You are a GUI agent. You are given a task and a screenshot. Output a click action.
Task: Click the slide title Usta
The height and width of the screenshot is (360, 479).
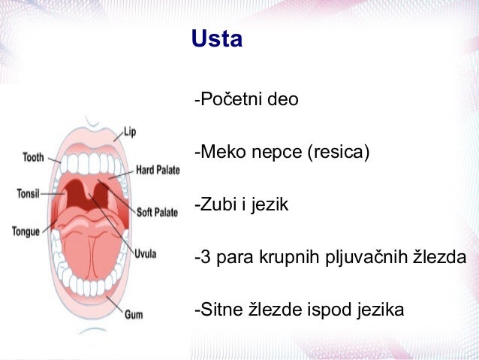point(217,38)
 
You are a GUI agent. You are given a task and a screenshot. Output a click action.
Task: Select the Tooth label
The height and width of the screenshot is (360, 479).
point(33,157)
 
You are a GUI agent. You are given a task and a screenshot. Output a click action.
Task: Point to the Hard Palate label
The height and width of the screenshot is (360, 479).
point(158,171)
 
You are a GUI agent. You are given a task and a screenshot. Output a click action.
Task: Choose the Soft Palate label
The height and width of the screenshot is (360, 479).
point(157,213)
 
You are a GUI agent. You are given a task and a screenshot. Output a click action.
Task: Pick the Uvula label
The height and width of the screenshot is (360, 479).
point(145,254)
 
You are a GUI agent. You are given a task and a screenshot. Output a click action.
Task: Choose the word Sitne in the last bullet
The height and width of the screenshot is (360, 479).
point(218,309)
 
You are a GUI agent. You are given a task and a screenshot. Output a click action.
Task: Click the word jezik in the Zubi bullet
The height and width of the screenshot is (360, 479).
point(269,204)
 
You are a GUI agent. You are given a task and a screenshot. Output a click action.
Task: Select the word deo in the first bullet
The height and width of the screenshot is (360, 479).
point(283,100)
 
